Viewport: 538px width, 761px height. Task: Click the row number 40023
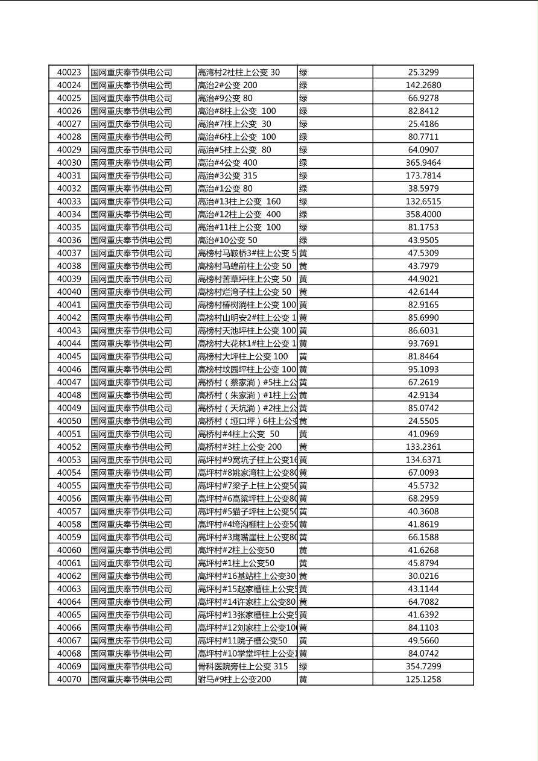click(x=69, y=72)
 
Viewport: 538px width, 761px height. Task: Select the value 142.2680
click(x=423, y=85)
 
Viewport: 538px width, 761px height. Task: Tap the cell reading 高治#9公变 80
click(x=225, y=98)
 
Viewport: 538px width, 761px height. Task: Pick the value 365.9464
click(x=423, y=163)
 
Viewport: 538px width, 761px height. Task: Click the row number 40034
click(x=69, y=214)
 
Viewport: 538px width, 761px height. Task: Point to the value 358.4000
click(x=423, y=214)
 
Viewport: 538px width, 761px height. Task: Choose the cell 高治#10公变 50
click(x=227, y=240)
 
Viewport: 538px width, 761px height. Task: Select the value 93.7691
click(x=423, y=344)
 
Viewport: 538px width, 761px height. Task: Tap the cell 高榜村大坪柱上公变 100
click(x=243, y=356)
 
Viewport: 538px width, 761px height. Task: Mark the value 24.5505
click(x=423, y=421)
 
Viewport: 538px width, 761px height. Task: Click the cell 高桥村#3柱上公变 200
click(x=239, y=447)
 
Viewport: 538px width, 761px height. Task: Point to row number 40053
click(x=69, y=459)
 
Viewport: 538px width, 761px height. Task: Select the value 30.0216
click(x=423, y=576)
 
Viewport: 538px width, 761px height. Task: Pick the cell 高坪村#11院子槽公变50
click(x=242, y=640)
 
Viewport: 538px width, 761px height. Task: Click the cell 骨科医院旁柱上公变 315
click(x=242, y=666)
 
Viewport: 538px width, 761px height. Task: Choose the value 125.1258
click(x=423, y=679)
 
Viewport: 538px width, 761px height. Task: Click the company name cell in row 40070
click(x=131, y=679)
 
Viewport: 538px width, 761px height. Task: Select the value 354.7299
click(x=423, y=666)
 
